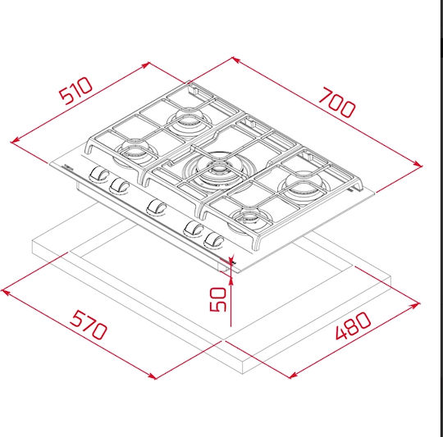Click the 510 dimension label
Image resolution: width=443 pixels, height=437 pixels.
click(75, 91)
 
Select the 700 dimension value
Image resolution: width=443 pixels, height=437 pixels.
click(337, 102)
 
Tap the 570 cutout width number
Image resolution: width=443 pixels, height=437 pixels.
click(89, 325)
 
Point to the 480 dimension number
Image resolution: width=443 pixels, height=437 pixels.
click(353, 325)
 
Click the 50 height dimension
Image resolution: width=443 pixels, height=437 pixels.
click(218, 299)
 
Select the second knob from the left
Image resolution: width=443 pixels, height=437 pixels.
click(120, 185)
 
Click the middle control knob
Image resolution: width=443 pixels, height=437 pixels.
click(157, 207)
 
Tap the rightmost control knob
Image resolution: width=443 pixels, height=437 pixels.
click(214, 240)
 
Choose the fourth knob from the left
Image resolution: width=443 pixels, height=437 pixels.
click(194, 228)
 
